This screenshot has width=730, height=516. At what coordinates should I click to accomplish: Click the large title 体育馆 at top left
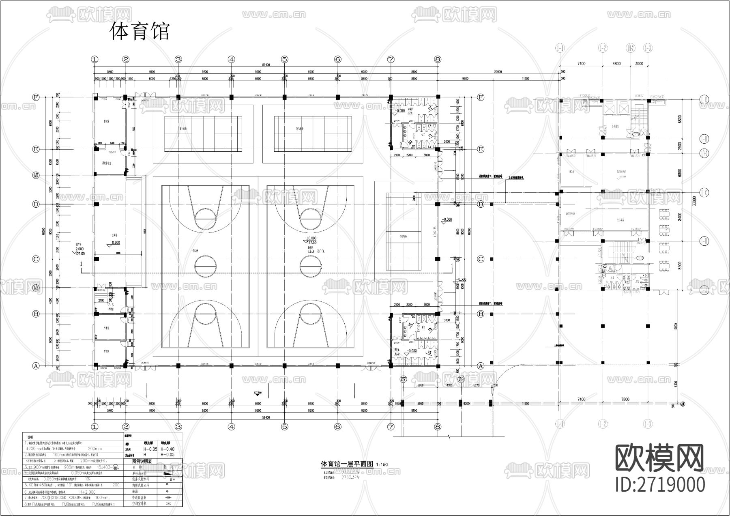140,32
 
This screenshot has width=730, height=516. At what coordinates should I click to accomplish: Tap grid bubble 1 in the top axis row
95,59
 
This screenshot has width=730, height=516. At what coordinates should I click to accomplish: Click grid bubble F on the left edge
36,97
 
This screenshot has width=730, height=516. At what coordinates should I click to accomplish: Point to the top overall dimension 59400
266,64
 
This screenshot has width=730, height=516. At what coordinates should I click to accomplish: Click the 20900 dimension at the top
498,72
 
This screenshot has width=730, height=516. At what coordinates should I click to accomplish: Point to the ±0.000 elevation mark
311,239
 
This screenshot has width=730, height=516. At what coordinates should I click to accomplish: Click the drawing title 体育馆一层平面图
347,464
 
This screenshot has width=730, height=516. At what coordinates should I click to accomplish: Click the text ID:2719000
660,485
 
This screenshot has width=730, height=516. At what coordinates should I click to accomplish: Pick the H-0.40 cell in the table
167,449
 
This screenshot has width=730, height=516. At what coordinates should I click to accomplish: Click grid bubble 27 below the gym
403,379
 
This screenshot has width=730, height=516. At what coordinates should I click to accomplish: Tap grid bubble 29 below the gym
461,379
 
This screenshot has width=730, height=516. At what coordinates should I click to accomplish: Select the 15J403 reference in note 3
105,467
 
